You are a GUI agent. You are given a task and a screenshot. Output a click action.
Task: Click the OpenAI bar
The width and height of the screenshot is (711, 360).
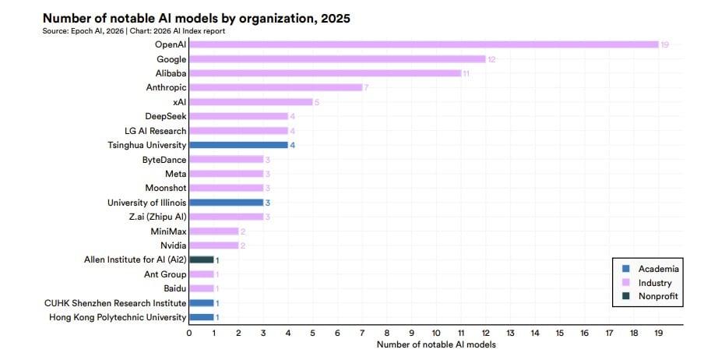(x=424, y=44)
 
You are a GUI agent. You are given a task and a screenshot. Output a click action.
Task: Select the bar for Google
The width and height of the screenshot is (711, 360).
(x=337, y=58)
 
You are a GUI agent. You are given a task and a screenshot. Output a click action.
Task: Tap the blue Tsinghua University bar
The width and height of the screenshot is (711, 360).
(x=238, y=145)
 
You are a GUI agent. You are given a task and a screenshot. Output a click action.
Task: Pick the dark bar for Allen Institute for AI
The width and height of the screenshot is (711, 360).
(x=201, y=259)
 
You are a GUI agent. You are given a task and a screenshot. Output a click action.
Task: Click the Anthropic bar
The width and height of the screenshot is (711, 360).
(x=276, y=87)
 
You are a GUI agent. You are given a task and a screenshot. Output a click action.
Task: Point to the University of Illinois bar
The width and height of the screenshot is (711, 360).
(x=226, y=203)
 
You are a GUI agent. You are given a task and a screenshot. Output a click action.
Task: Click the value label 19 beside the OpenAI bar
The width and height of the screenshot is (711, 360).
(x=664, y=44)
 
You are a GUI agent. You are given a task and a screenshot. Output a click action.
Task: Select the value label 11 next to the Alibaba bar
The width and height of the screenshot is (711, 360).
(x=466, y=73)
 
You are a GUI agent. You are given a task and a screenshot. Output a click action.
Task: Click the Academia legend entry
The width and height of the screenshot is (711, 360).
(x=658, y=269)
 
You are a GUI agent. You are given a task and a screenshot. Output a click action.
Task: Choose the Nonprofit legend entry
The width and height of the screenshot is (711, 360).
(x=659, y=297)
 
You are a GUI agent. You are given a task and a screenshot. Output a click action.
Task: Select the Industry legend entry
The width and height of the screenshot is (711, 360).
(x=654, y=283)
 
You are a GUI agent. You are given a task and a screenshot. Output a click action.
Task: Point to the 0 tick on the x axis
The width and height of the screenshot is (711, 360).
(x=189, y=333)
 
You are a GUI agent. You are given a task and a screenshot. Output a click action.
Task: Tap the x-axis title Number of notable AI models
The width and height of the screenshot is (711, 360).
(x=435, y=344)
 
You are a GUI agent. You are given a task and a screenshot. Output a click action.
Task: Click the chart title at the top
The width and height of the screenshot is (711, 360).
(x=197, y=17)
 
